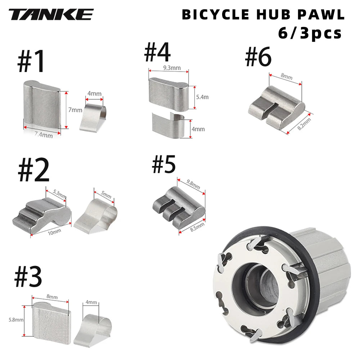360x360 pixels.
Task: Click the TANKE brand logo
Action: pyautogui.click(x=51, y=15)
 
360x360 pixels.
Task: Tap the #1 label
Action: pyautogui.click(x=31, y=61)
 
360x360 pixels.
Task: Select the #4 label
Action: pyautogui.click(x=157, y=52)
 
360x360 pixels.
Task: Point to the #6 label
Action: pyautogui.click(x=258, y=58)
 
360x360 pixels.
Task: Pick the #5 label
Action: pyautogui.click(x=164, y=164)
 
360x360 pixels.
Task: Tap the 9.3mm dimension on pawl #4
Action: pyautogui.click(x=168, y=68)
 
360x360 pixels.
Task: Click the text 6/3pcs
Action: pyautogui.click(x=310, y=33)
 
